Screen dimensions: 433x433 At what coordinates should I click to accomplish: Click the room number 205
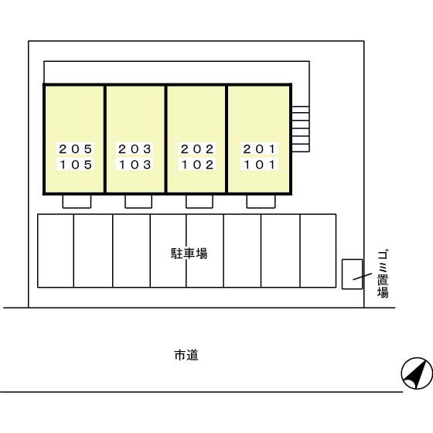76,149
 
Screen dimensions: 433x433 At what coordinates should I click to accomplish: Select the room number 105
76,165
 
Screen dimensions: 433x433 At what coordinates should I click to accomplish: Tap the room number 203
135,149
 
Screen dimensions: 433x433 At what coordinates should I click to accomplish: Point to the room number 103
135,165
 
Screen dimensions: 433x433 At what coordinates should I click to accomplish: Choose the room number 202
197,149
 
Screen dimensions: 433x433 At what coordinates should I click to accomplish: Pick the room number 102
197,165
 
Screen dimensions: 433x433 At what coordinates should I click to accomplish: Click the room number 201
259,149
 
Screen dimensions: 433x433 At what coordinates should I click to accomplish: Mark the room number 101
259,165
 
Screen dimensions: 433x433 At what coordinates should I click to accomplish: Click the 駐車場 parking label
189,254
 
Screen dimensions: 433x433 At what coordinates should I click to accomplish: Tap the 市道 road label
186,355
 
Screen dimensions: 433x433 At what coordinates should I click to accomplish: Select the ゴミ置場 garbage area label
383,274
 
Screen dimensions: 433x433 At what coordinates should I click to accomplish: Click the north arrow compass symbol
417,373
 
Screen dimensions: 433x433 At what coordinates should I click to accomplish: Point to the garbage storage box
352,274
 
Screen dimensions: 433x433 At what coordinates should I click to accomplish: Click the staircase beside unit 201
301,129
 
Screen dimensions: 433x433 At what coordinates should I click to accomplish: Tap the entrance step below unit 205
77,202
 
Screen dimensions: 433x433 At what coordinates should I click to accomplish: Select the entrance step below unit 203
138,202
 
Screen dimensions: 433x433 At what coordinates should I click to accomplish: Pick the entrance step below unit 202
199,202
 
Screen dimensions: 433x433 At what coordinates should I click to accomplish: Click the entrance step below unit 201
261,202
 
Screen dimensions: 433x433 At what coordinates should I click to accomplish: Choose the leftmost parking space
56,251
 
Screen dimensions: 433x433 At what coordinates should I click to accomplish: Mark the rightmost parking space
318,251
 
